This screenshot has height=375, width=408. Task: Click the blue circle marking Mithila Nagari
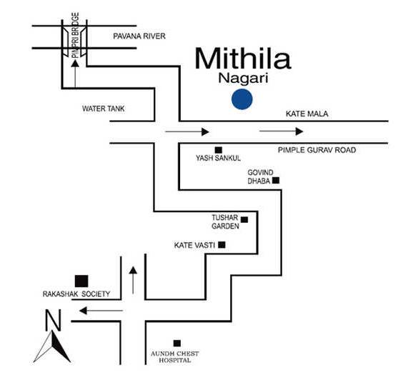242,99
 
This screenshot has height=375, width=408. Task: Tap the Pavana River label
139,36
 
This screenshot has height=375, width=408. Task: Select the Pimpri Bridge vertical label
75,36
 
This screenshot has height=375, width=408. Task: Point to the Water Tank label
104,109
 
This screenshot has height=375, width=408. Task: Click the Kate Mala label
307,114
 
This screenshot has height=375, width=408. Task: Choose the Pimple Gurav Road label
317,150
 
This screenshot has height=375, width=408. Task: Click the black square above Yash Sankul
219,150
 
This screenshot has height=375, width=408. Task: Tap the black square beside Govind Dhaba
276,180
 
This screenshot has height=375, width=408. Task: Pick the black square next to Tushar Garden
244,220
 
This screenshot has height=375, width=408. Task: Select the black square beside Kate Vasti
222,245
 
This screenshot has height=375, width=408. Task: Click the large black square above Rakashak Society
81,281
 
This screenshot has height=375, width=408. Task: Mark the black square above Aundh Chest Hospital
177,344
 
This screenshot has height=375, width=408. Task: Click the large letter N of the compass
54,320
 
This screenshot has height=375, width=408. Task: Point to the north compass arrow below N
52,346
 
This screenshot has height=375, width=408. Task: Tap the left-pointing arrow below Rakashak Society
101,311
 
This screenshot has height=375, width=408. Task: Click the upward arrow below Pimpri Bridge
75,74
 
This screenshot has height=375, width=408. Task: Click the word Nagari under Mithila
243,79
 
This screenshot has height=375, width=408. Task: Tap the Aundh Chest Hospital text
175,357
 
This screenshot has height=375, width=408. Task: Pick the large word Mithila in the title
243,58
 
